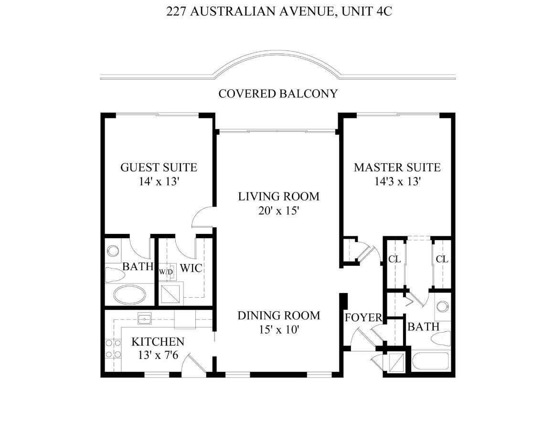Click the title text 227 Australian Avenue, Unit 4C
point(279,11)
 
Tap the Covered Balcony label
point(278,94)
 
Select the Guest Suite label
point(159,168)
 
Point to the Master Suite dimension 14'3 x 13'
point(397,181)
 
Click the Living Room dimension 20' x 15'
point(278,210)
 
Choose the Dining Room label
point(279,316)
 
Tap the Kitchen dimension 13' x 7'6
point(158,355)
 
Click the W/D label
point(166,272)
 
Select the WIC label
point(191,268)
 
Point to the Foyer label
point(363,317)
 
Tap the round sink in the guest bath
point(113,251)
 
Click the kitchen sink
point(145,318)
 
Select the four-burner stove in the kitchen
point(113,348)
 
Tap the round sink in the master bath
point(442,306)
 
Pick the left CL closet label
point(394,259)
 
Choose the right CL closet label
point(442,259)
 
